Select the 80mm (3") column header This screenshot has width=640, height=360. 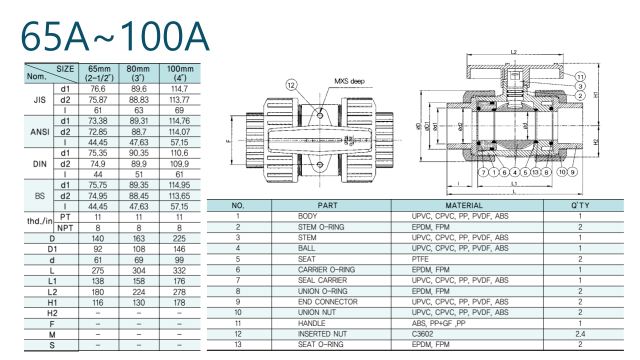pos(138,73)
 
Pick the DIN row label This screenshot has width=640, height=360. pos(39,163)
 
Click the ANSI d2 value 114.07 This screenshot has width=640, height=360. pos(179,131)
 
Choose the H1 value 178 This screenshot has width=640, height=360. pos(179,302)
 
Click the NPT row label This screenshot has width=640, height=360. pos(64,228)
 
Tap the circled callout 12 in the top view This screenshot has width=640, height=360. pos(291,84)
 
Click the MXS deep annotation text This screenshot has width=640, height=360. pos(349,81)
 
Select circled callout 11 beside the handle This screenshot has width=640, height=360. pos(580,76)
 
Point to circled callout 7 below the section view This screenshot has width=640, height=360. pos(483,172)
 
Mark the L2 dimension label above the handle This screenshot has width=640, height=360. pos(513,51)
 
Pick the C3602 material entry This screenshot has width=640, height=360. pos(423,333)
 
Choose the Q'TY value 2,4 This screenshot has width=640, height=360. pos(580,333)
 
